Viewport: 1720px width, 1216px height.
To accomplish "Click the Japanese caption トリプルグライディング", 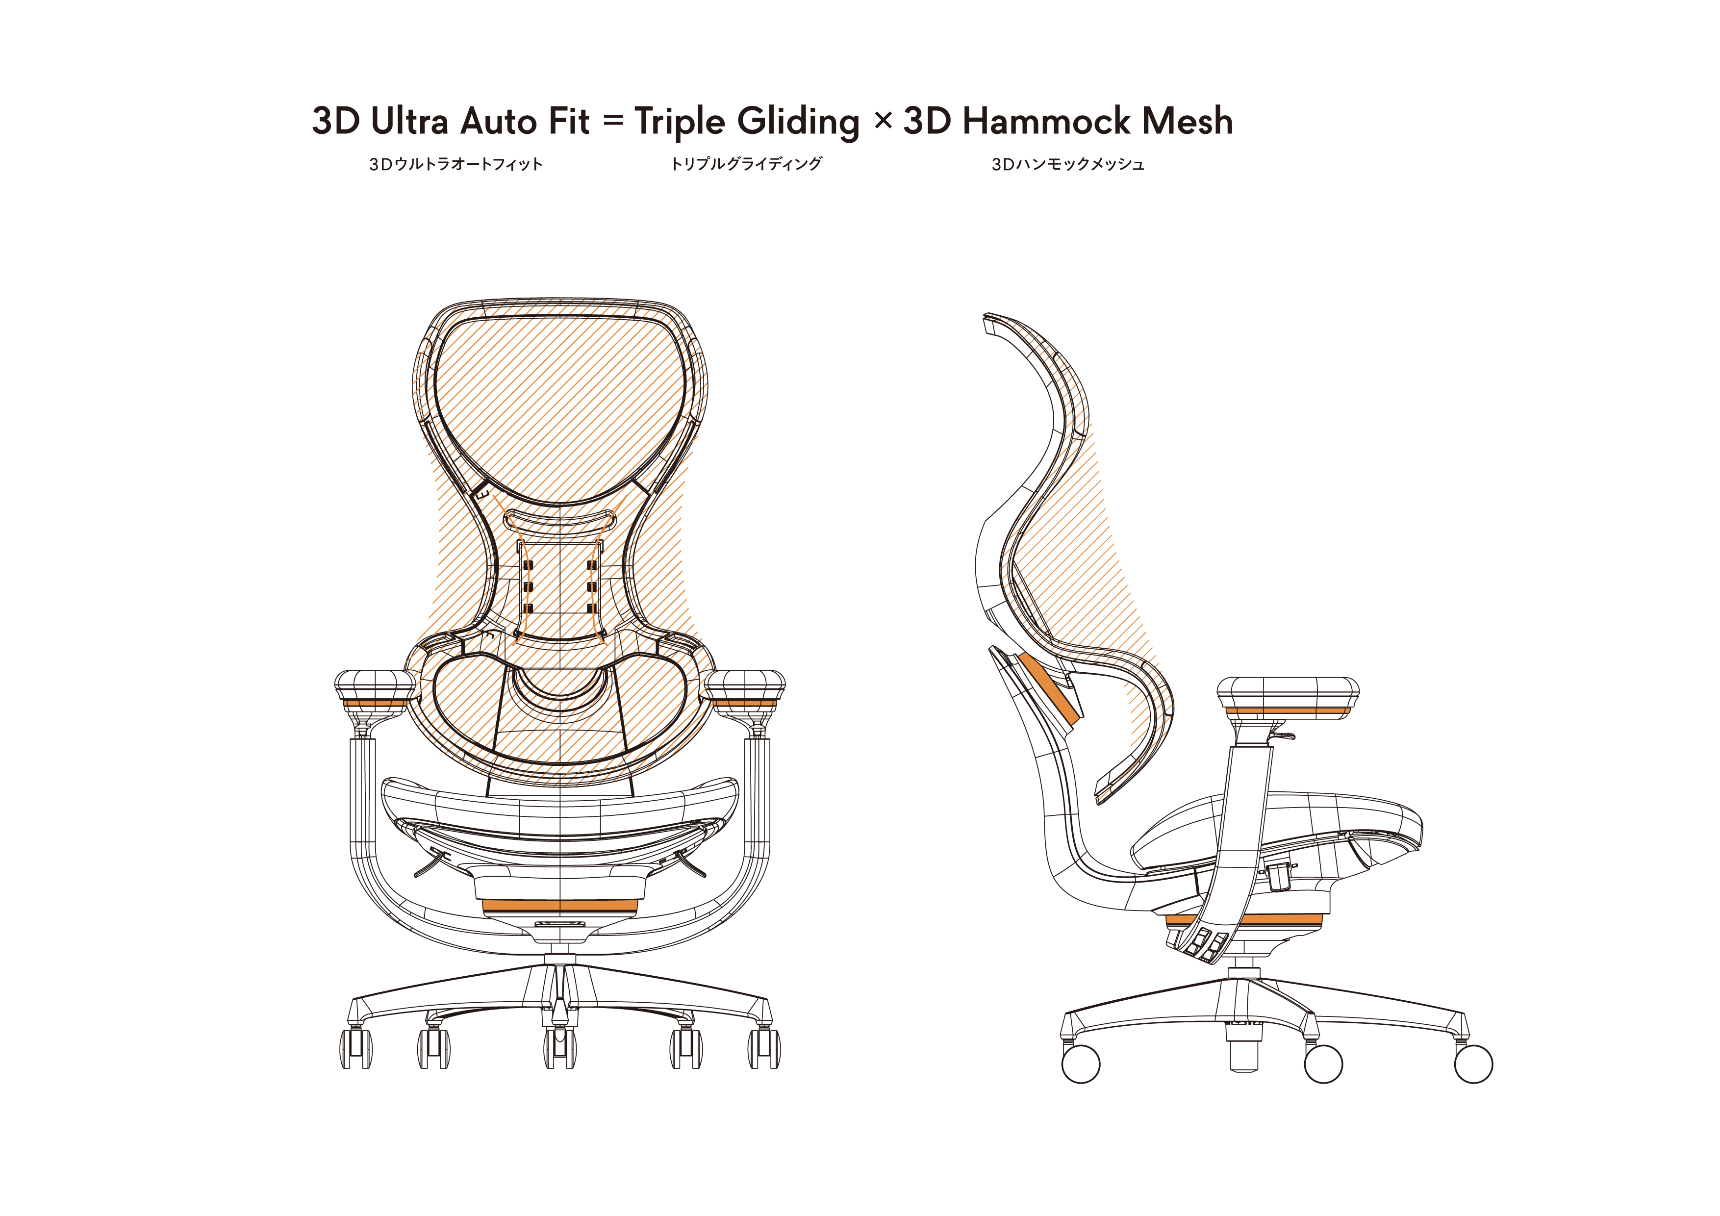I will (x=746, y=164).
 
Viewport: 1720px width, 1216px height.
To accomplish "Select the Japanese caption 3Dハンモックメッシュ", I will (x=1067, y=165).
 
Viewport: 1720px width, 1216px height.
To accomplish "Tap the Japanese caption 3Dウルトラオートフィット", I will (x=455, y=165).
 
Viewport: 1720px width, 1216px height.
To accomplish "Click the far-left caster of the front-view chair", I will (x=356, y=1048).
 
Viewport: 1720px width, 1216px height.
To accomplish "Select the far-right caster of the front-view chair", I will (x=763, y=1048).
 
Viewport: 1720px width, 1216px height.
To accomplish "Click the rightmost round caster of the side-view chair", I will (x=1473, y=1064).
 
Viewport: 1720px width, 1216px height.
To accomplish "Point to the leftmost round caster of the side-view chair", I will (x=1081, y=1064).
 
